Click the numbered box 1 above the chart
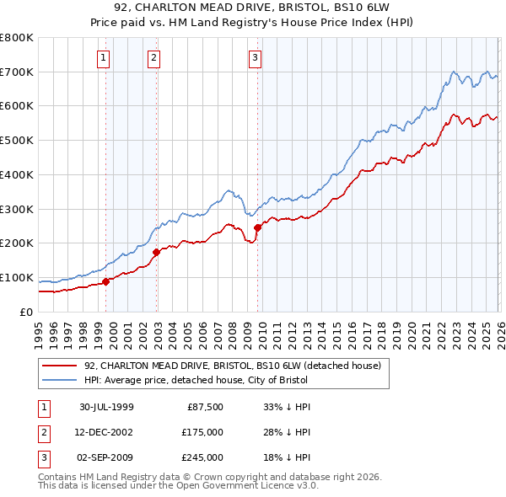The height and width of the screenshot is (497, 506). [103, 58]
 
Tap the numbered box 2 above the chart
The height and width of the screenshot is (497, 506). [154, 58]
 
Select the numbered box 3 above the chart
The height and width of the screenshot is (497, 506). [255, 58]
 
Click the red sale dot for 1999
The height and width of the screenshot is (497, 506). [106, 282]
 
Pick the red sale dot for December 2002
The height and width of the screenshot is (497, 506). [157, 252]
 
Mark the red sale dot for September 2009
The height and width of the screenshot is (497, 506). [257, 227]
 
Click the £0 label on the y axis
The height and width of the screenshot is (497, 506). [27, 313]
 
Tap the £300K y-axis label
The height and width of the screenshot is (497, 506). [19, 209]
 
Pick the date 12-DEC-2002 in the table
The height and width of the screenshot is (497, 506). [105, 432]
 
